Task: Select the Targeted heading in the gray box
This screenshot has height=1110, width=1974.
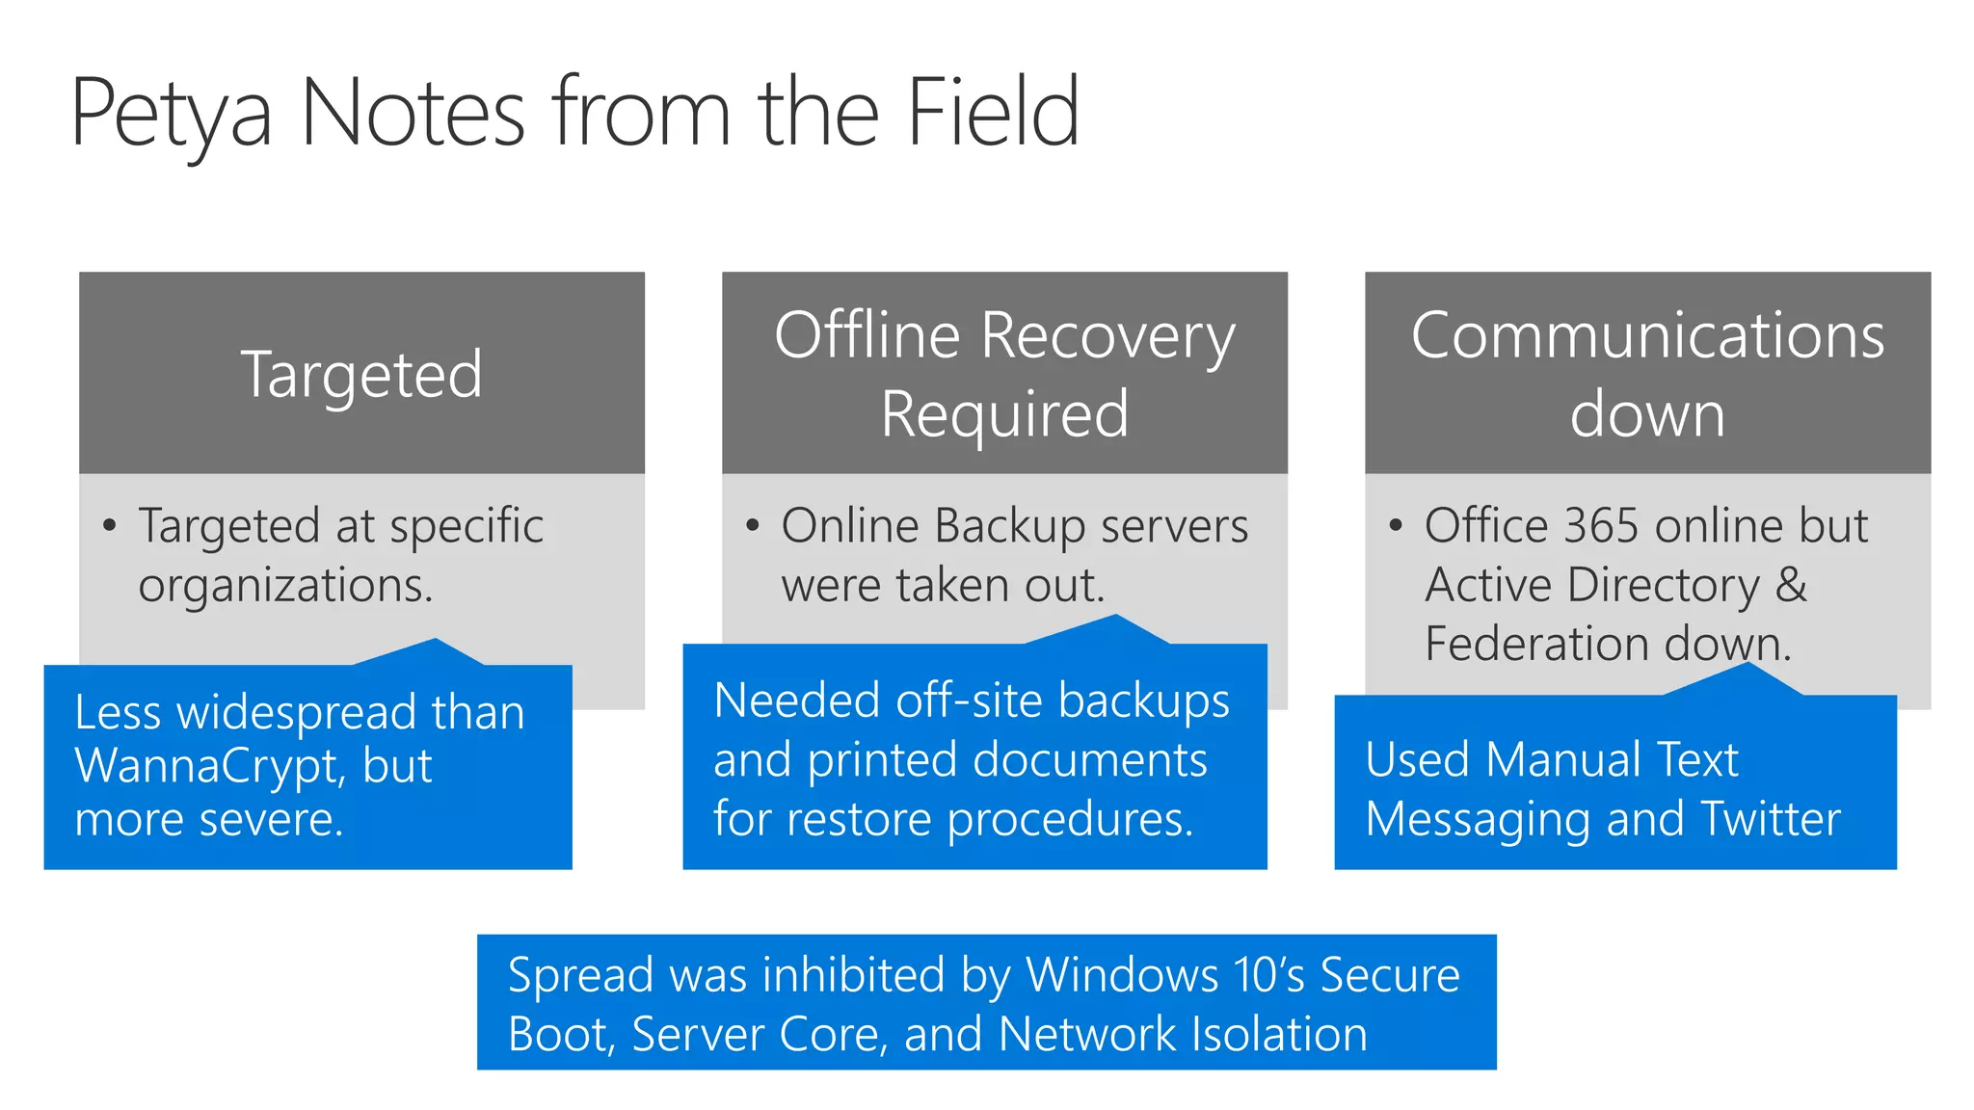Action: coord(361,374)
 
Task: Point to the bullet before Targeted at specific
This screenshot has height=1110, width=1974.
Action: coord(110,525)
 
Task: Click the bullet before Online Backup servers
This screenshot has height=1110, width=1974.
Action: coord(753,525)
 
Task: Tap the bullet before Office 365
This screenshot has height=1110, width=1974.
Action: coord(1396,525)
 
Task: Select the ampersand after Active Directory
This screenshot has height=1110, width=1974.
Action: coord(1791,584)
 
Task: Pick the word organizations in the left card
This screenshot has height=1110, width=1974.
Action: coord(285,586)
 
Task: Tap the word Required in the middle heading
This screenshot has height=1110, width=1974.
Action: coord(1004,414)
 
